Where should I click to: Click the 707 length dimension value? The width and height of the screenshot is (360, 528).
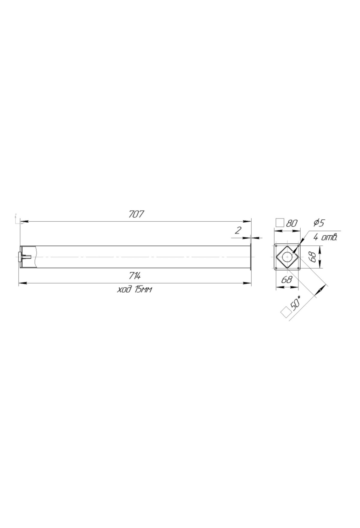(136, 214)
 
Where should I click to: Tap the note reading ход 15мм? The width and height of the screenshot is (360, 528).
(134, 289)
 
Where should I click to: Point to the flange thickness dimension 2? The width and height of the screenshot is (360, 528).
(238, 230)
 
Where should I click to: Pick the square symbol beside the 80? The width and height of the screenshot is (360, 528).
(280, 223)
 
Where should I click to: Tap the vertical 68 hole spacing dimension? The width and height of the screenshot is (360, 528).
(312, 257)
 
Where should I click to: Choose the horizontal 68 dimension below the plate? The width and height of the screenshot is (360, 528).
(287, 280)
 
